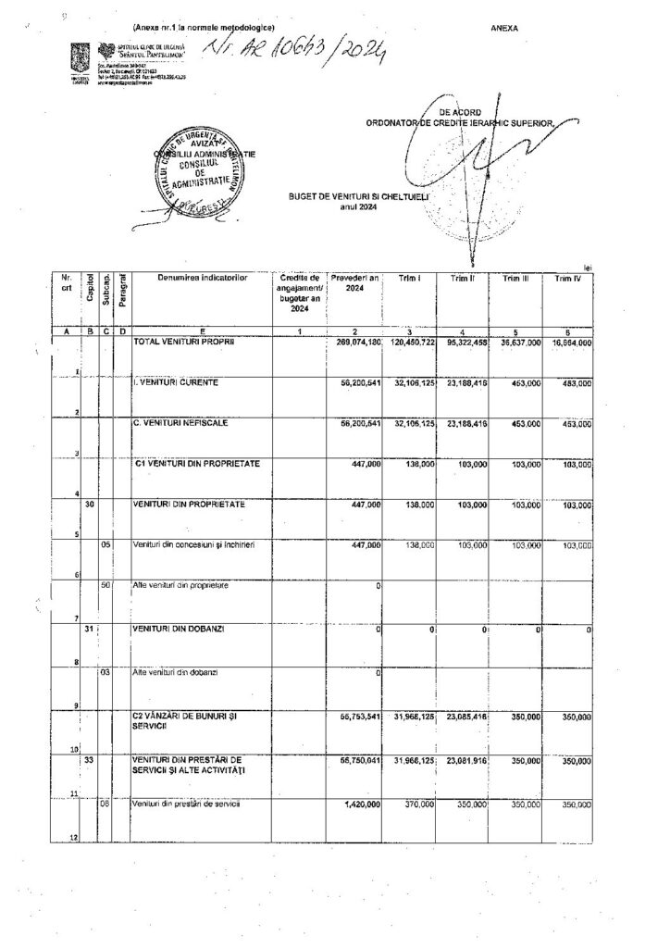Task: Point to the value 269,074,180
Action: pyautogui.click(x=356, y=343)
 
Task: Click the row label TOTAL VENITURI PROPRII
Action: pyautogui.click(x=185, y=342)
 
